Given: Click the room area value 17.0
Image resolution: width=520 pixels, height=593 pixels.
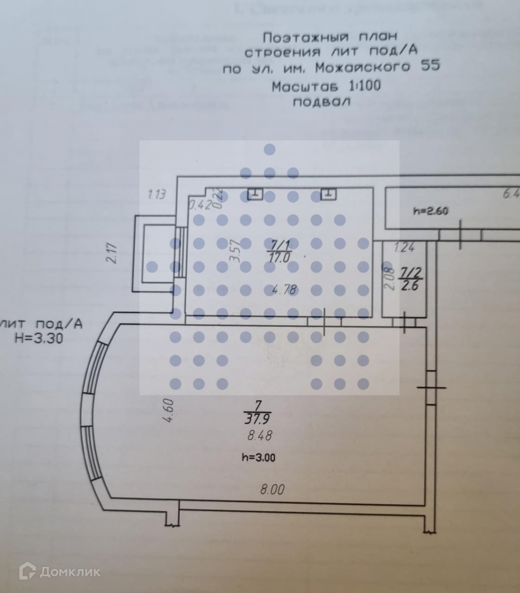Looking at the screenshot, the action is [x=278, y=257].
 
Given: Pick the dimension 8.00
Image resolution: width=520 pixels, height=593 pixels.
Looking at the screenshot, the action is [x=272, y=490].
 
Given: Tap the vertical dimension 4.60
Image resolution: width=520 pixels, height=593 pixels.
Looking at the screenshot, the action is [x=168, y=411].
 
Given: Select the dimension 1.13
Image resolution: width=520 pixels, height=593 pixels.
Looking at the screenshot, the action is [x=157, y=195].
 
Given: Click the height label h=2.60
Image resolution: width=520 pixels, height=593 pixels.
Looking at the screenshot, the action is [x=430, y=211].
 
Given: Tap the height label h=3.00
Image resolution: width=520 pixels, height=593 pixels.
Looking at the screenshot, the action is [x=258, y=458].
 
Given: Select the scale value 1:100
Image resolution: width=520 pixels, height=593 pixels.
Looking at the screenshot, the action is [x=365, y=86].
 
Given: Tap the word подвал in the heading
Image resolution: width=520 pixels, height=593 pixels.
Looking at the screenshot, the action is [x=321, y=102].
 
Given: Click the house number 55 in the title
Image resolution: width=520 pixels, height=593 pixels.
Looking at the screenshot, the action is [x=430, y=67].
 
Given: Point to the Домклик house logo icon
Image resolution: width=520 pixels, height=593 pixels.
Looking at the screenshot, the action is [x=28, y=571].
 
